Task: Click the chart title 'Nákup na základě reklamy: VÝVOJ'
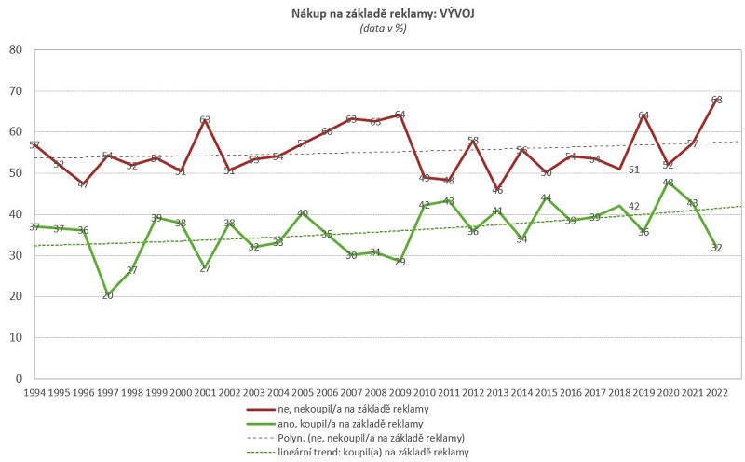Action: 383,14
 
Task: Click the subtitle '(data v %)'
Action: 383,29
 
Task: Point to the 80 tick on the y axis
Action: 15,49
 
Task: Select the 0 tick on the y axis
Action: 19,379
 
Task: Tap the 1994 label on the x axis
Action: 34,393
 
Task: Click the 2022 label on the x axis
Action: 716,393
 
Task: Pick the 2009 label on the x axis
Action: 400,393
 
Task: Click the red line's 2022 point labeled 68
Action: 716,100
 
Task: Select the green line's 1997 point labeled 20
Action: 107,296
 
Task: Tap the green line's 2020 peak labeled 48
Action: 668,182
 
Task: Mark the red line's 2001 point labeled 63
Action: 205,120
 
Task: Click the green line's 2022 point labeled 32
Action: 716,248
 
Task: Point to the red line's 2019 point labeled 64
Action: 643,115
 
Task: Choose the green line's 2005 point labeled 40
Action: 302,214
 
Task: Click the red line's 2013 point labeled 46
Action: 497,190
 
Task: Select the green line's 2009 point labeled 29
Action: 400,260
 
